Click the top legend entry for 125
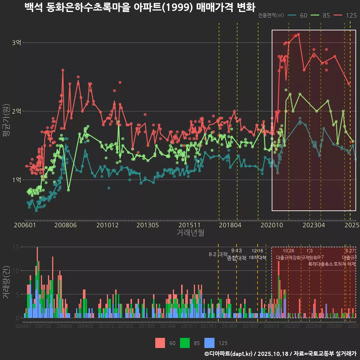point(345,15)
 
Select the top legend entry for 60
point(298,15)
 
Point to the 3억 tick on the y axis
point(16,43)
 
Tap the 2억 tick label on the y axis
point(16,111)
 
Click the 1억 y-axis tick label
point(16,180)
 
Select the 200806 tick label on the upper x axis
point(66,225)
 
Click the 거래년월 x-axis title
point(190,233)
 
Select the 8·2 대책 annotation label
point(218,254)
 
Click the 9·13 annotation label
point(236,251)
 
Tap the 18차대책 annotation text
point(257,258)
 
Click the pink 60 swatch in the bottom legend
point(160,343)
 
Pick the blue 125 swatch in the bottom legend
point(210,343)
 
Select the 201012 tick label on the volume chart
point(106,326)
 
